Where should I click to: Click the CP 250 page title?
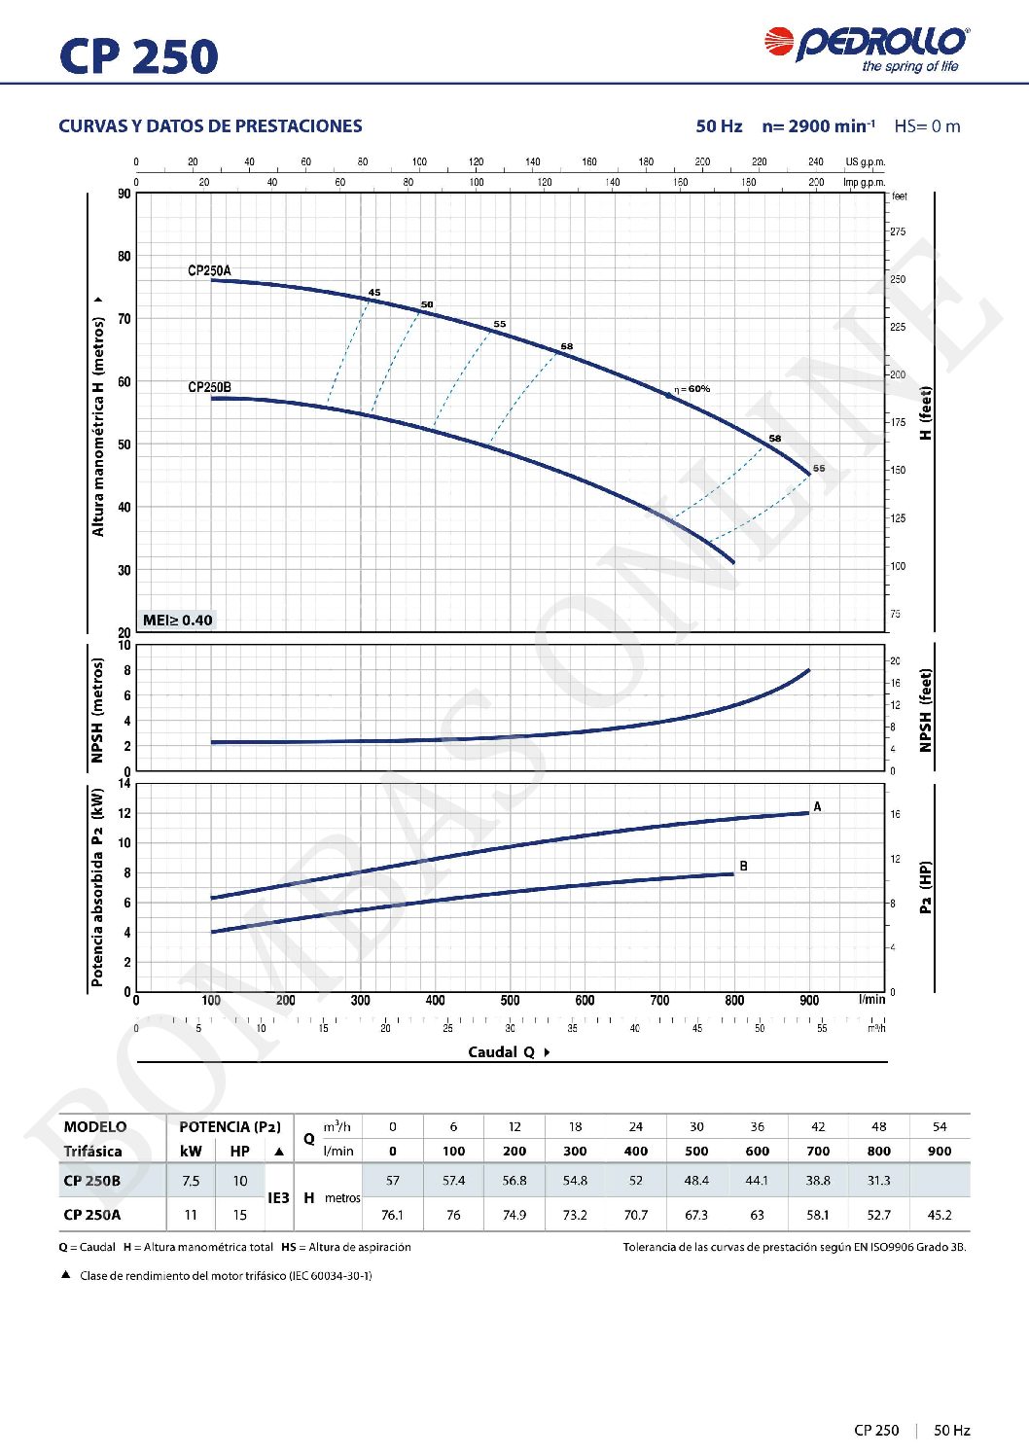pos(138,56)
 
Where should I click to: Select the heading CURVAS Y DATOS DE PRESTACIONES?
pos(210,126)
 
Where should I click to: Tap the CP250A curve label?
pos(209,270)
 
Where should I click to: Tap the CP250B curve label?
pos(209,387)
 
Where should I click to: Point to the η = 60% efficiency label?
pos(692,389)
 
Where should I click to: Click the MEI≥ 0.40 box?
pos(177,621)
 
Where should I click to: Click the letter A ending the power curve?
pos(817,807)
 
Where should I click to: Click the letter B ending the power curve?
pos(743,866)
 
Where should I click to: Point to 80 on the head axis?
pos(124,257)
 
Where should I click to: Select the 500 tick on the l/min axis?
pos(510,1000)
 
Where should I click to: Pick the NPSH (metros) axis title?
pos(97,710)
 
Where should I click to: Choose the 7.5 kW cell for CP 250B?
pos(191,1181)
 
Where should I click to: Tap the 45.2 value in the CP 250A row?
pos(939,1215)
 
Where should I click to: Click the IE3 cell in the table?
pos(278,1198)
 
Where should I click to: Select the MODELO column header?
pos(95,1127)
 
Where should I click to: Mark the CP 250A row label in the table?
pos(92,1215)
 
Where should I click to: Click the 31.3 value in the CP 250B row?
pos(878,1181)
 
